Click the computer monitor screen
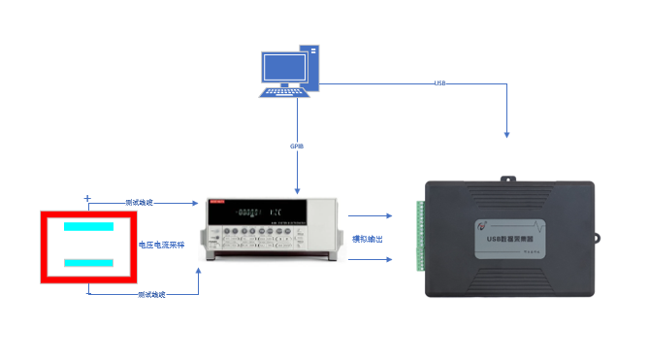click(x=283, y=67)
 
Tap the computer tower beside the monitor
click(x=311, y=67)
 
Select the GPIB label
click(x=298, y=147)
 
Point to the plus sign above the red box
click(x=87, y=198)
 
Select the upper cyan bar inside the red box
click(x=89, y=226)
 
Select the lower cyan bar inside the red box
click(x=89, y=263)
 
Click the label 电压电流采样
click(x=162, y=245)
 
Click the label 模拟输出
click(x=367, y=238)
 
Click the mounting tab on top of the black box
click(x=508, y=178)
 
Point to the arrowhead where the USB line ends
click(x=506, y=133)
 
